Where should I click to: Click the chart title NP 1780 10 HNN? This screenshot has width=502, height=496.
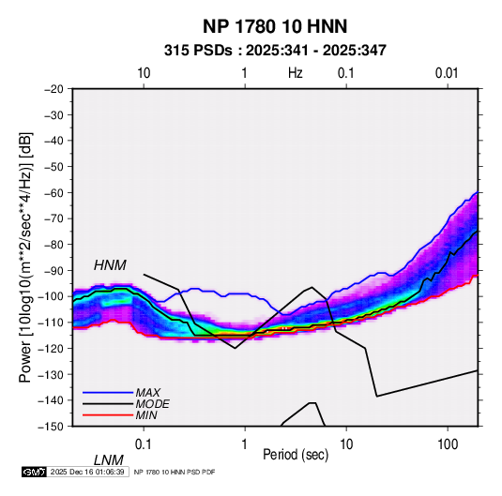click(275, 26)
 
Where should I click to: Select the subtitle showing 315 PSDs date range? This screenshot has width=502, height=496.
click(275, 51)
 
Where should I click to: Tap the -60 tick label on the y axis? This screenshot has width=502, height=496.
click(53, 192)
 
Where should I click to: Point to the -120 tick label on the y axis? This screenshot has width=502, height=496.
click(52, 348)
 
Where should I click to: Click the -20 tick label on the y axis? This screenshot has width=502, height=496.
click(53, 89)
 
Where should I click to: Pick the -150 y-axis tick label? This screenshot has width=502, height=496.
click(52, 427)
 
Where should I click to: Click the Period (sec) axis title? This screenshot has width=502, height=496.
click(296, 455)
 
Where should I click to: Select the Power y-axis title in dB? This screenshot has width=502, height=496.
click(25, 257)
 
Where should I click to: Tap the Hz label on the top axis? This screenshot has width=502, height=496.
click(296, 73)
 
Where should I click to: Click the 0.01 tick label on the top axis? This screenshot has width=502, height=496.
click(447, 73)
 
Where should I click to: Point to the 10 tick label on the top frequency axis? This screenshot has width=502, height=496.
click(144, 73)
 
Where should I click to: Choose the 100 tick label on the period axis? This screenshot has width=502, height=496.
click(448, 444)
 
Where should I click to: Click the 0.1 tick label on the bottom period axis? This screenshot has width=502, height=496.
click(144, 444)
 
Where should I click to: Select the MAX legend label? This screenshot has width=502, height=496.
click(147, 393)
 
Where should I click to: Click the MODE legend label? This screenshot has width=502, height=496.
click(152, 404)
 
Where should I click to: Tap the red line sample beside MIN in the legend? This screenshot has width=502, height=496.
click(108, 415)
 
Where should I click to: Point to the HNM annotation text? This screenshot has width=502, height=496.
click(110, 265)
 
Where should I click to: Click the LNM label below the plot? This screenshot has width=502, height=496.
click(109, 460)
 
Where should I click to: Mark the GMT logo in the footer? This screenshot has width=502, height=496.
click(35, 472)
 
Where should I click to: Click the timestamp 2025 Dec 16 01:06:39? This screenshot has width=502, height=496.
click(87, 472)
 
